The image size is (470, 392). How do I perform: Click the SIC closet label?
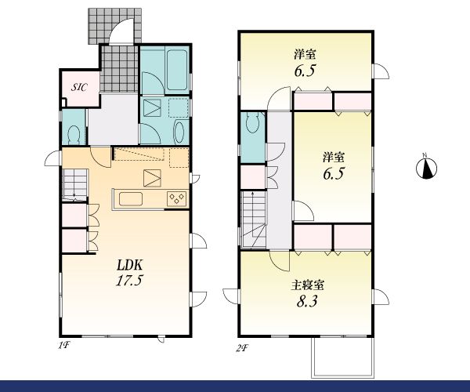79,87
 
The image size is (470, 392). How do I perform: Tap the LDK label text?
129,265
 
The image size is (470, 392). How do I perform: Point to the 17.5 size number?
129,281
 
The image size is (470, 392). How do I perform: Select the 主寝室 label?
307,285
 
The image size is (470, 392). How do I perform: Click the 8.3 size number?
307,301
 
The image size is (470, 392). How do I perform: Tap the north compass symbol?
427,168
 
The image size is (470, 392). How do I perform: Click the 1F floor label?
64,346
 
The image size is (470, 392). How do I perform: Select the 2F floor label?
242,349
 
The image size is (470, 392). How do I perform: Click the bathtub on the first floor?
177,70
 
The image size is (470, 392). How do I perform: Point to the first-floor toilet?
74,134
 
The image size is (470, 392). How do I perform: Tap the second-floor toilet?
252,122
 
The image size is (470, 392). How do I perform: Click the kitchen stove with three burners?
177,198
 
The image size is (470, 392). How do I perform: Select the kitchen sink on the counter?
131,199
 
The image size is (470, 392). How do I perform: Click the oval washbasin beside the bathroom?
179,132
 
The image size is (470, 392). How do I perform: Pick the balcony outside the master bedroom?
343,357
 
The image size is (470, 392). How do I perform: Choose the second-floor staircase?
254,220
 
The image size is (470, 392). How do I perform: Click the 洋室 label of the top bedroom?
305,55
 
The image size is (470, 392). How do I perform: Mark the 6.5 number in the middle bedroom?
334,173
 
